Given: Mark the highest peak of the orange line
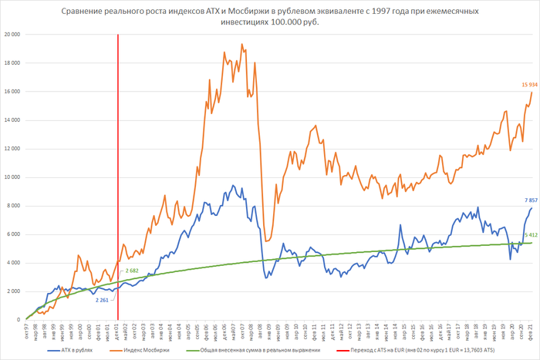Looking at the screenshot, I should coord(242,45).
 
